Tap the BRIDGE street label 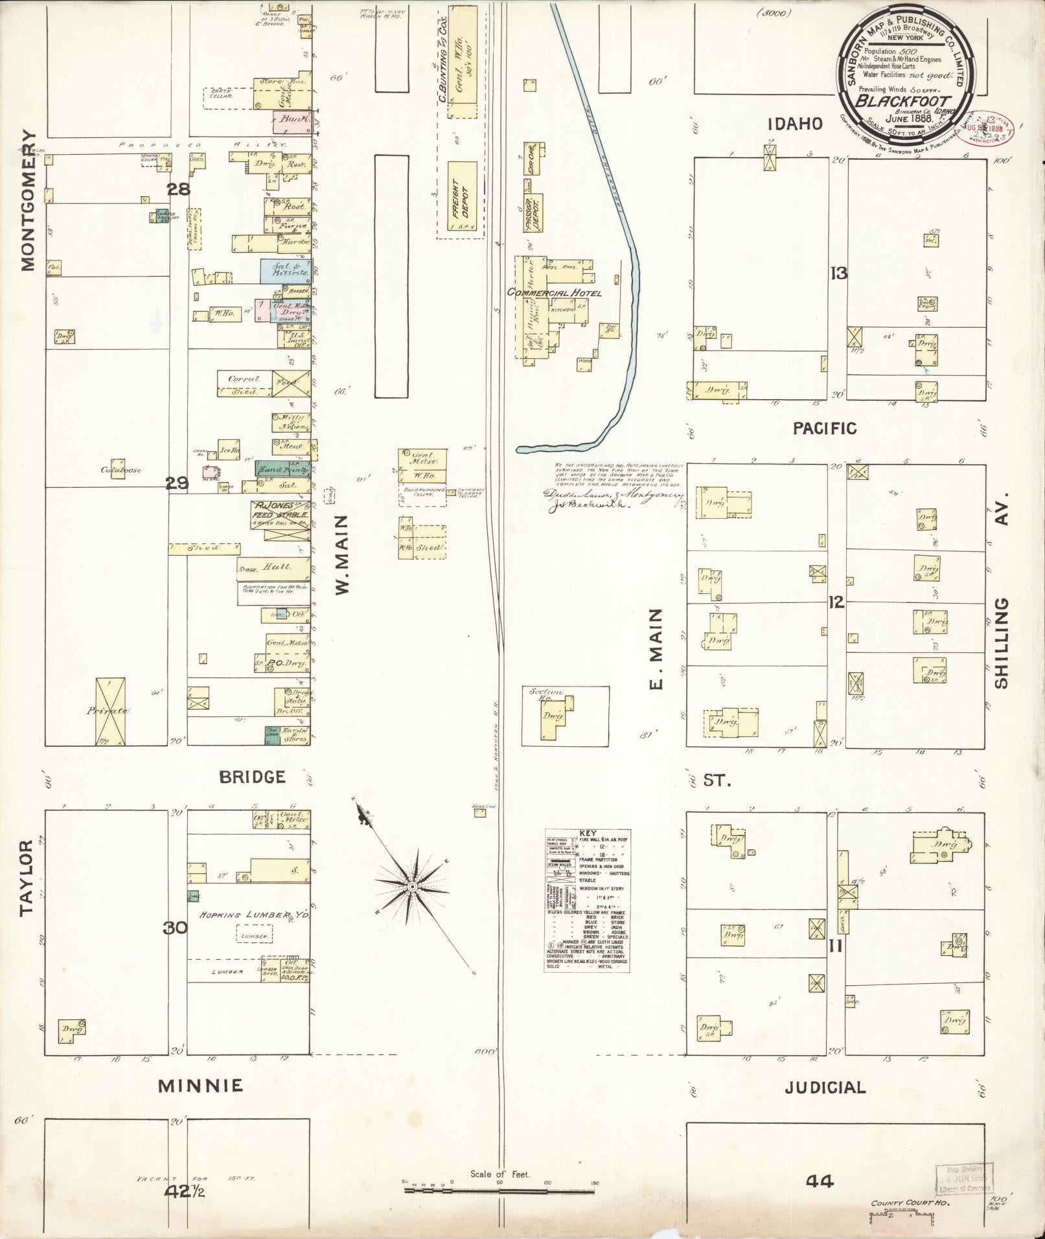pyautogui.click(x=252, y=777)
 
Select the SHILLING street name pyautogui.click(x=1002, y=643)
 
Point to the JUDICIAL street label pyautogui.click(x=825, y=1087)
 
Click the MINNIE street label pyautogui.click(x=201, y=1086)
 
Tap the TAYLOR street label pyautogui.click(x=26, y=878)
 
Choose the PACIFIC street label pyautogui.click(x=825, y=428)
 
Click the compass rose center pyautogui.click(x=412, y=885)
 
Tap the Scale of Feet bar pyautogui.click(x=500, y=1189)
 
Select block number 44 pyautogui.click(x=820, y=1181)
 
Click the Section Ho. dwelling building pyautogui.click(x=554, y=716)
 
